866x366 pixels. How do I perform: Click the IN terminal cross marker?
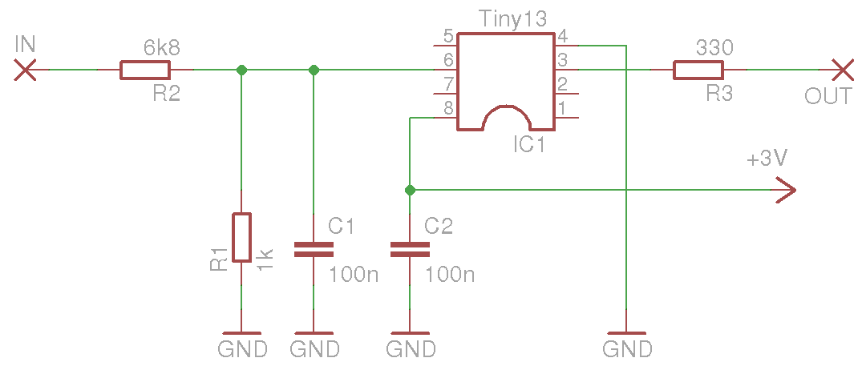pyautogui.click(x=26, y=70)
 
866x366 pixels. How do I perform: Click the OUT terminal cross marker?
pyautogui.click(x=841, y=70)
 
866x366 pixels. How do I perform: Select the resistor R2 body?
pyautogui.click(x=144, y=70)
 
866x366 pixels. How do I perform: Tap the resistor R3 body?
pyautogui.click(x=698, y=70)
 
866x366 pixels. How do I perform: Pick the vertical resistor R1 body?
pyautogui.click(x=241, y=238)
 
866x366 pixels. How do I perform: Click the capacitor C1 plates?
pyautogui.click(x=313, y=250)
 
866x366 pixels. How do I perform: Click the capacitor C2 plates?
pyautogui.click(x=409, y=250)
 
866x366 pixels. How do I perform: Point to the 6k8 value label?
pyautogui.click(x=161, y=49)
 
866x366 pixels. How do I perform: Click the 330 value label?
pyautogui.click(x=714, y=48)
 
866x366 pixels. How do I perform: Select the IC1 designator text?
pyautogui.click(x=529, y=145)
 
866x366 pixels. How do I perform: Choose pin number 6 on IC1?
pyautogui.click(x=448, y=60)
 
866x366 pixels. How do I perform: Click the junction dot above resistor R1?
pyautogui.click(x=241, y=70)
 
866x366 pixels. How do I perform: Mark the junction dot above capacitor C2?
pyautogui.click(x=410, y=191)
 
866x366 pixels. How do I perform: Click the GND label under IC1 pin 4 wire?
pyautogui.click(x=627, y=349)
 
